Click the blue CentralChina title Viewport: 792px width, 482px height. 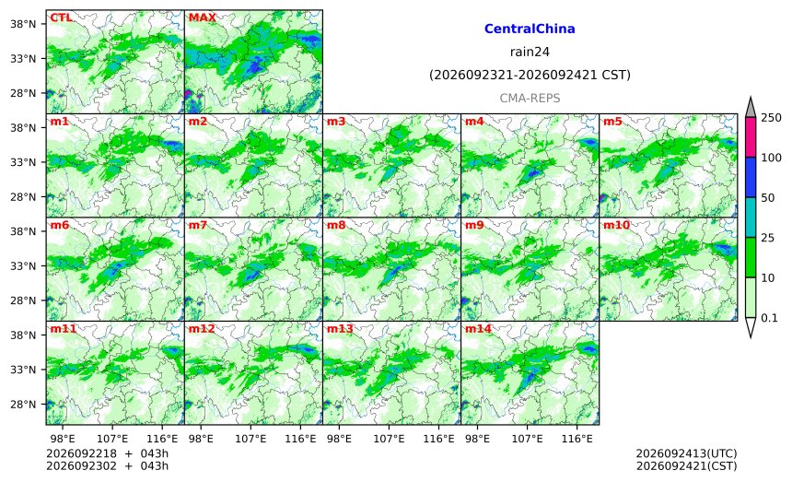click(x=530, y=29)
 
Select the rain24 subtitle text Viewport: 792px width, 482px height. click(x=530, y=52)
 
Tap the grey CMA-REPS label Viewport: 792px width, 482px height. click(x=530, y=98)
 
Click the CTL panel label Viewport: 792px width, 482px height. click(x=61, y=18)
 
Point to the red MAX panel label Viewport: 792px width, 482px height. click(x=202, y=18)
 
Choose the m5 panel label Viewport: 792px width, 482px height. click(x=612, y=122)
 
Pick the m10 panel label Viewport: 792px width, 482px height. click(x=616, y=225)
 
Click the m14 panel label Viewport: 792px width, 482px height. click(x=478, y=329)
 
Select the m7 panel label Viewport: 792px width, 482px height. click(x=198, y=225)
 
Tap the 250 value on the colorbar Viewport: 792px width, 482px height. click(x=772, y=118)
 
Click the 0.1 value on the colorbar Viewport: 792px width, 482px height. click(x=769, y=318)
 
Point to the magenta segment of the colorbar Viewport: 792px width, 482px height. click(x=751, y=137)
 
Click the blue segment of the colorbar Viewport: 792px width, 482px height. click(x=751, y=177)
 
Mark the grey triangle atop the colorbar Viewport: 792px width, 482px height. click(x=751, y=109)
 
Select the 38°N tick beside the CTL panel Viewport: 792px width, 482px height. click(x=23, y=24)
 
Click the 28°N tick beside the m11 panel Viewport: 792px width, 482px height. click(x=23, y=405)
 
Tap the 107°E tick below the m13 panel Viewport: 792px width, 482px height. click(x=389, y=439)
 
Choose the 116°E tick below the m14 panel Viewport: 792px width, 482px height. click(x=577, y=439)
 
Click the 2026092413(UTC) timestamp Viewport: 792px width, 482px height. click(x=686, y=453)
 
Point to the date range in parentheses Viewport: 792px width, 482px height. click(x=530, y=75)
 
